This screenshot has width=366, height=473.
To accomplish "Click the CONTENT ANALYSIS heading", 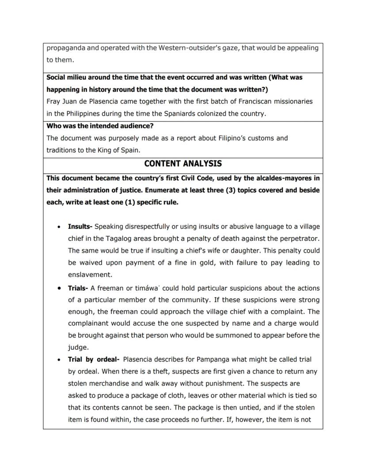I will (x=183, y=164).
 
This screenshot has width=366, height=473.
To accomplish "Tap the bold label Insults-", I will (x=80, y=227).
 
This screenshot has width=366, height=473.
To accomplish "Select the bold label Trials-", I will (x=78, y=288).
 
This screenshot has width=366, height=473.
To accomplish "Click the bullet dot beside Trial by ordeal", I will (x=59, y=359).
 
